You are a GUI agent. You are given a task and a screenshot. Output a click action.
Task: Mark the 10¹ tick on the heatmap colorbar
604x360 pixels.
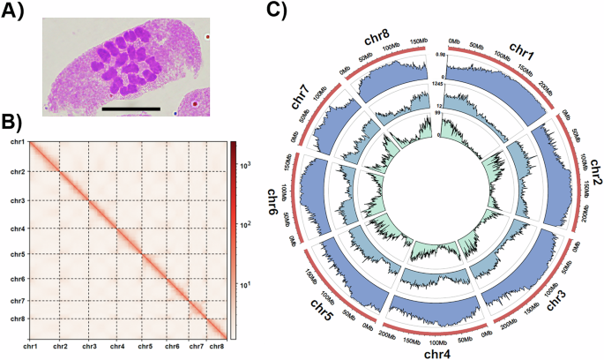pos(248,284)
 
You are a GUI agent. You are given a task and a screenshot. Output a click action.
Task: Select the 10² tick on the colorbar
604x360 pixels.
pos(248,225)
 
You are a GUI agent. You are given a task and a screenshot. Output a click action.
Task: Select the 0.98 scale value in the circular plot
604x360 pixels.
pos(438,56)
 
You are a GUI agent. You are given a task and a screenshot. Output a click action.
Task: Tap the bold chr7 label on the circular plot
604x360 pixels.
pos(305,94)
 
